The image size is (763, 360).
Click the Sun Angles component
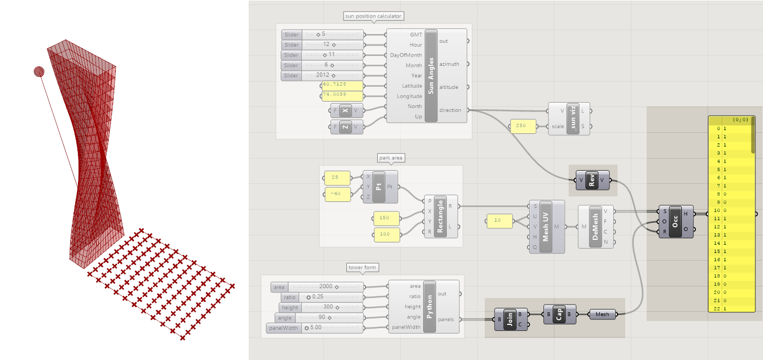[431, 76]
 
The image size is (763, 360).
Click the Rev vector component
[592, 180]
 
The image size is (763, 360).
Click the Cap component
[559, 314]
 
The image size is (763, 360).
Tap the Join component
[510, 319]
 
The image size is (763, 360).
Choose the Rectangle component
[440, 216]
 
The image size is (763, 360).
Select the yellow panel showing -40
[337, 194]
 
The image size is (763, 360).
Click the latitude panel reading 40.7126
[342, 86]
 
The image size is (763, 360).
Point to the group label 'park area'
[391, 158]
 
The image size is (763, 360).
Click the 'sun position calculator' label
[374, 16]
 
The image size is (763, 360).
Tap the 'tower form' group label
[363, 267]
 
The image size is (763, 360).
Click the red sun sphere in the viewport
[39, 71]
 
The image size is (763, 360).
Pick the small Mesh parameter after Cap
[602, 314]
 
